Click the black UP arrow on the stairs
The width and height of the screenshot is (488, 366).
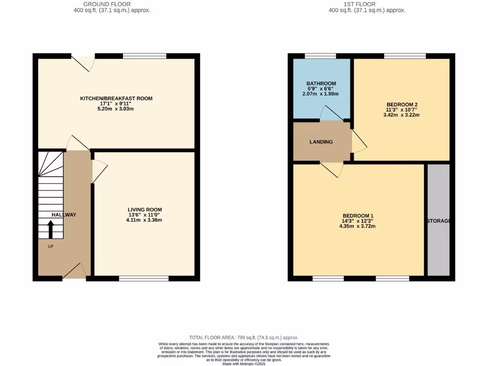coord(51,230)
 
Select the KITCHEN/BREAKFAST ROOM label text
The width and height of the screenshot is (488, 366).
coord(116,99)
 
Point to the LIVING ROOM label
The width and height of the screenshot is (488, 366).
coord(144,210)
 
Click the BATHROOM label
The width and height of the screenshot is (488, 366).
coord(321,84)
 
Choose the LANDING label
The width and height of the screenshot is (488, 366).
coord(321,142)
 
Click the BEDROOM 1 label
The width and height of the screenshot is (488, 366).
coord(357,216)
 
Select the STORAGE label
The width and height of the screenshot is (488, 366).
coord(438,221)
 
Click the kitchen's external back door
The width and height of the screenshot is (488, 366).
coord(81,63)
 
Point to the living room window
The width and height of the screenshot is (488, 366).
coord(143,278)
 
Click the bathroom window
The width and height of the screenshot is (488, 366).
coord(320,56)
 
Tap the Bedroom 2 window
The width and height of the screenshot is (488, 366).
coord(405,56)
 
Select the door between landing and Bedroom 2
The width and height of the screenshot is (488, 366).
coord(359,142)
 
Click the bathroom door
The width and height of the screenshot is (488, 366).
coord(330,113)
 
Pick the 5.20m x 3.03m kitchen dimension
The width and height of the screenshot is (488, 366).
coord(116,109)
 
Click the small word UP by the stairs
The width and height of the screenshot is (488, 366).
coord(51,247)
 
